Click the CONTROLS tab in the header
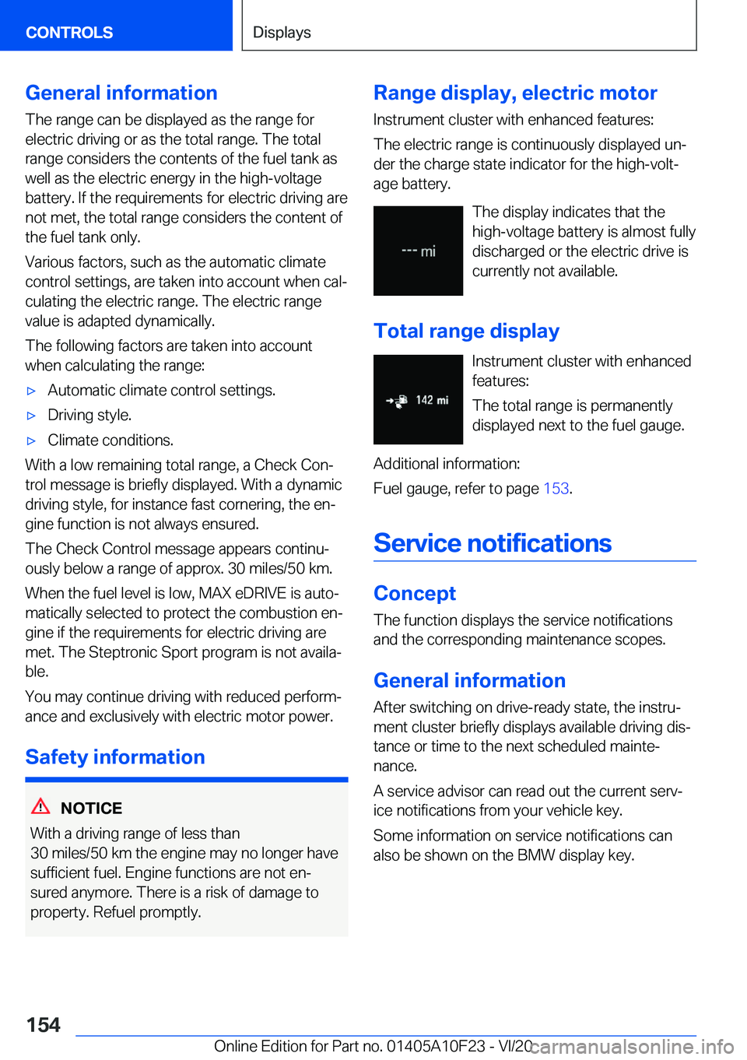tap(69, 33)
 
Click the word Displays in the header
tap(282, 33)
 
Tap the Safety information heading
tap(115, 757)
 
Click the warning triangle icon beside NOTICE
tap(40, 806)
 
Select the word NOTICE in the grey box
tap(91, 809)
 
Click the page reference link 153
tap(556, 489)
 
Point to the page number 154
tap(44, 1025)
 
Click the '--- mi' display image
tap(418, 251)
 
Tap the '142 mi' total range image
tap(418, 400)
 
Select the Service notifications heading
tap(493, 543)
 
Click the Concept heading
tap(415, 594)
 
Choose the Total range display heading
tap(466, 332)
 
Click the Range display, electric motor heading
tap(515, 93)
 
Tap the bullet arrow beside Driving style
tap(32, 416)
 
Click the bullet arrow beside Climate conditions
tap(32, 440)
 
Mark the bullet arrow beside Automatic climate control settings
tap(32, 391)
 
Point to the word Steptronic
tap(124, 652)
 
